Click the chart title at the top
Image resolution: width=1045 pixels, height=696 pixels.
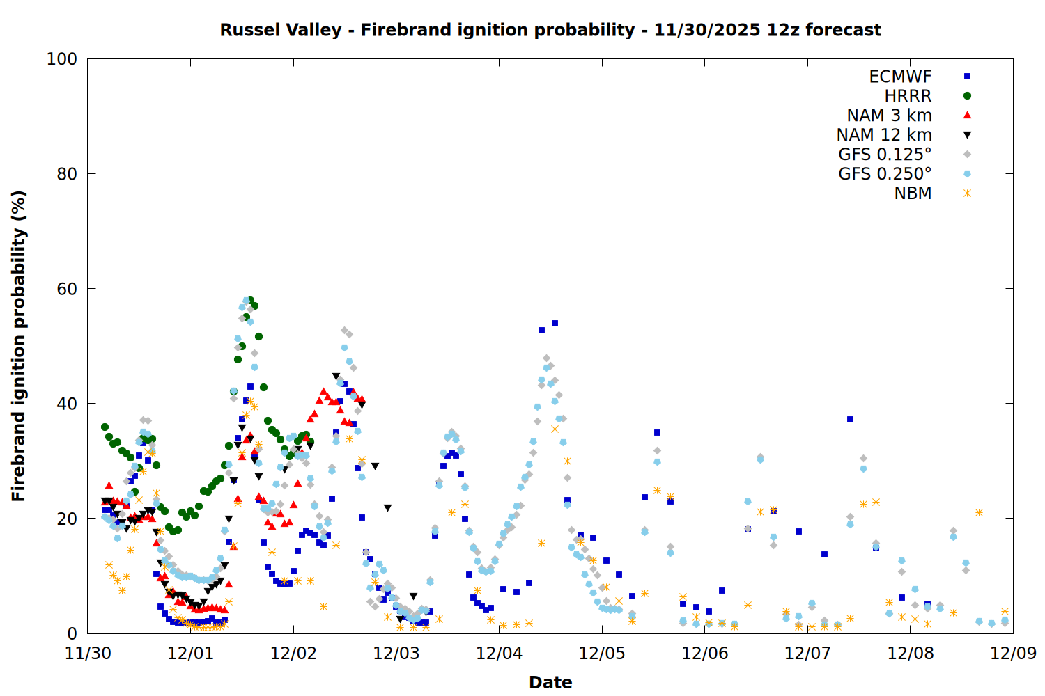pos(550,30)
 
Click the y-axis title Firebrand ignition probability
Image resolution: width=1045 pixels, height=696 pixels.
pos(19,346)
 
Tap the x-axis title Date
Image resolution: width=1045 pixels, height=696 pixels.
pos(550,682)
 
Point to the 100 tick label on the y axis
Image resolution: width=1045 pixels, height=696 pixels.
pos(62,59)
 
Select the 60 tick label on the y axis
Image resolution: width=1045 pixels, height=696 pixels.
pos(67,289)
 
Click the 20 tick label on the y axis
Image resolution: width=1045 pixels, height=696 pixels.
pos(67,519)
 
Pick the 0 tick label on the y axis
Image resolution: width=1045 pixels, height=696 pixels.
pos(72,633)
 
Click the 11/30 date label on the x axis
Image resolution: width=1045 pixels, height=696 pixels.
pos(88,654)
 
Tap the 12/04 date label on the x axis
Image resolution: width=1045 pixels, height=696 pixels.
pos(499,654)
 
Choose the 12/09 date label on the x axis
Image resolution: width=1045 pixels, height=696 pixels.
pos(1013,654)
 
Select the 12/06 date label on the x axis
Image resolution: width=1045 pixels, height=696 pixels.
pos(704,654)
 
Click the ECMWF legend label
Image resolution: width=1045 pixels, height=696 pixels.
pos(900,77)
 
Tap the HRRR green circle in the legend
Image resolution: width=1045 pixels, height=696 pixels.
pos(967,96)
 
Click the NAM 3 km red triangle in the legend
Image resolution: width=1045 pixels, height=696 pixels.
pos(967,115)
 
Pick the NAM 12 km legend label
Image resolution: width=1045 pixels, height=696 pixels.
pos(884,135)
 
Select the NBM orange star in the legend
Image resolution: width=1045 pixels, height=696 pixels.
pos(967,193)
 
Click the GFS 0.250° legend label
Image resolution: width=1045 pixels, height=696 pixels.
pos(885,174)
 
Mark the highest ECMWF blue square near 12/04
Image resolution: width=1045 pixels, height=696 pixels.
pos(555,323)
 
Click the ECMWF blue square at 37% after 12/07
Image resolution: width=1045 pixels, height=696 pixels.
pos(850,419)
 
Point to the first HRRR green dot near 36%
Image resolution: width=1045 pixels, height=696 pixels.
pos(104,427)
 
